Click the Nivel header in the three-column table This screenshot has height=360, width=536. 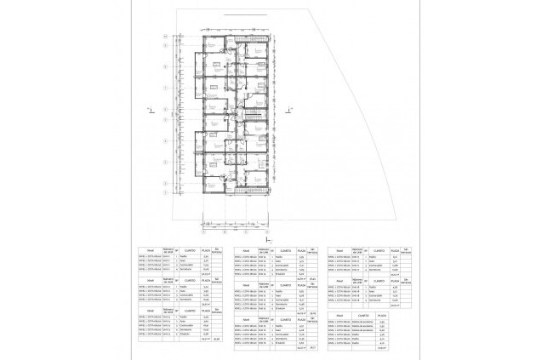pos(340,317)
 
